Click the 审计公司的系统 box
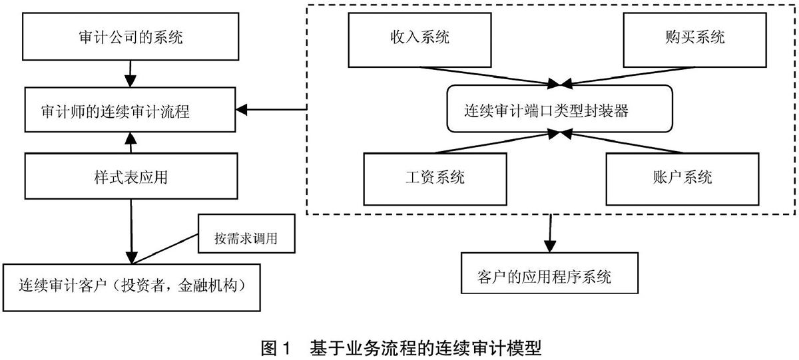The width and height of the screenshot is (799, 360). click(x=131, y=37)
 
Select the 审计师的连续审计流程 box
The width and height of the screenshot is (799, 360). click(x=131, y=110)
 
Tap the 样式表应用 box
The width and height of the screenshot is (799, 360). click(x=131, y=176)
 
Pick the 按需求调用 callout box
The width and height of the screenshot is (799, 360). click(x=246, y=234)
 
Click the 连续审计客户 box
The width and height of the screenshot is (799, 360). click(x=132, y=287)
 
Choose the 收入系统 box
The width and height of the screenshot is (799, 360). click(x=420, y=40)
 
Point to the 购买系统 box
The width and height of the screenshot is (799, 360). click(x=695, y=40)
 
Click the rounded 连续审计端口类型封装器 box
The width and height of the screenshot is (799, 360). click(x=560, y=108)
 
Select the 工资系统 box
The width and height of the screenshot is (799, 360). click(x=435, y=179)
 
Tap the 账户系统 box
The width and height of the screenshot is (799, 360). click(x=682, y=179)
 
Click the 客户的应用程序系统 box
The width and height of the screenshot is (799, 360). click(x=550, y=273)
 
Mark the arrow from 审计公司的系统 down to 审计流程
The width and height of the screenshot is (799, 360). click(x=131, y=74)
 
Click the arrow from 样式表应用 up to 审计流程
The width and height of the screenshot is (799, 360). click(x=131, y=142)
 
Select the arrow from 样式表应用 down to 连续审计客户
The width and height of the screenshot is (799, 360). click(x=131, y=232)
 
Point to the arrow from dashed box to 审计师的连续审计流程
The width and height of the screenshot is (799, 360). click(x=272, y=109)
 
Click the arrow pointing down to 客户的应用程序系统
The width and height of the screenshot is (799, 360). click(x=550, y=234)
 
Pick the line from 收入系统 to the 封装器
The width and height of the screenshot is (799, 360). click(x=491, y=76)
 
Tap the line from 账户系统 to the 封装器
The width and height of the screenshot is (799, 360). click(x=621, y=142)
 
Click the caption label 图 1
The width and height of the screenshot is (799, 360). click(x=276, y=348)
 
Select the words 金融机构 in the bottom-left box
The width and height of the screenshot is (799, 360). click(x=208, y=285)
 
